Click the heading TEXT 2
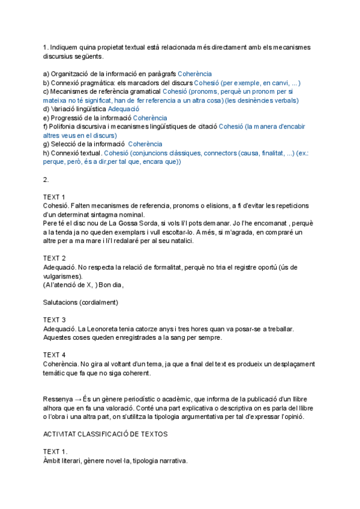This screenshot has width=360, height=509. click(55, 258)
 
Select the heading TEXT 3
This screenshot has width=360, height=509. click(55, 320)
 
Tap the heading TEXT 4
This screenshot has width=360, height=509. click(55, 355)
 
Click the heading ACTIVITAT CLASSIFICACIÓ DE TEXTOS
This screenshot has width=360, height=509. click(106, 434)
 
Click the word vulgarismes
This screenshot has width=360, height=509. click(62, 276)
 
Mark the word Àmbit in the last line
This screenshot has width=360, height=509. click(53, 460)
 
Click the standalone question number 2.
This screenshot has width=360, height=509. click(46, 179)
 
